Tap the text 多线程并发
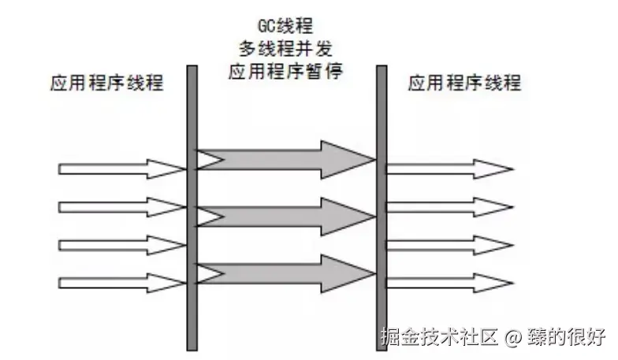pyautogui.click(x=285, y=50)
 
